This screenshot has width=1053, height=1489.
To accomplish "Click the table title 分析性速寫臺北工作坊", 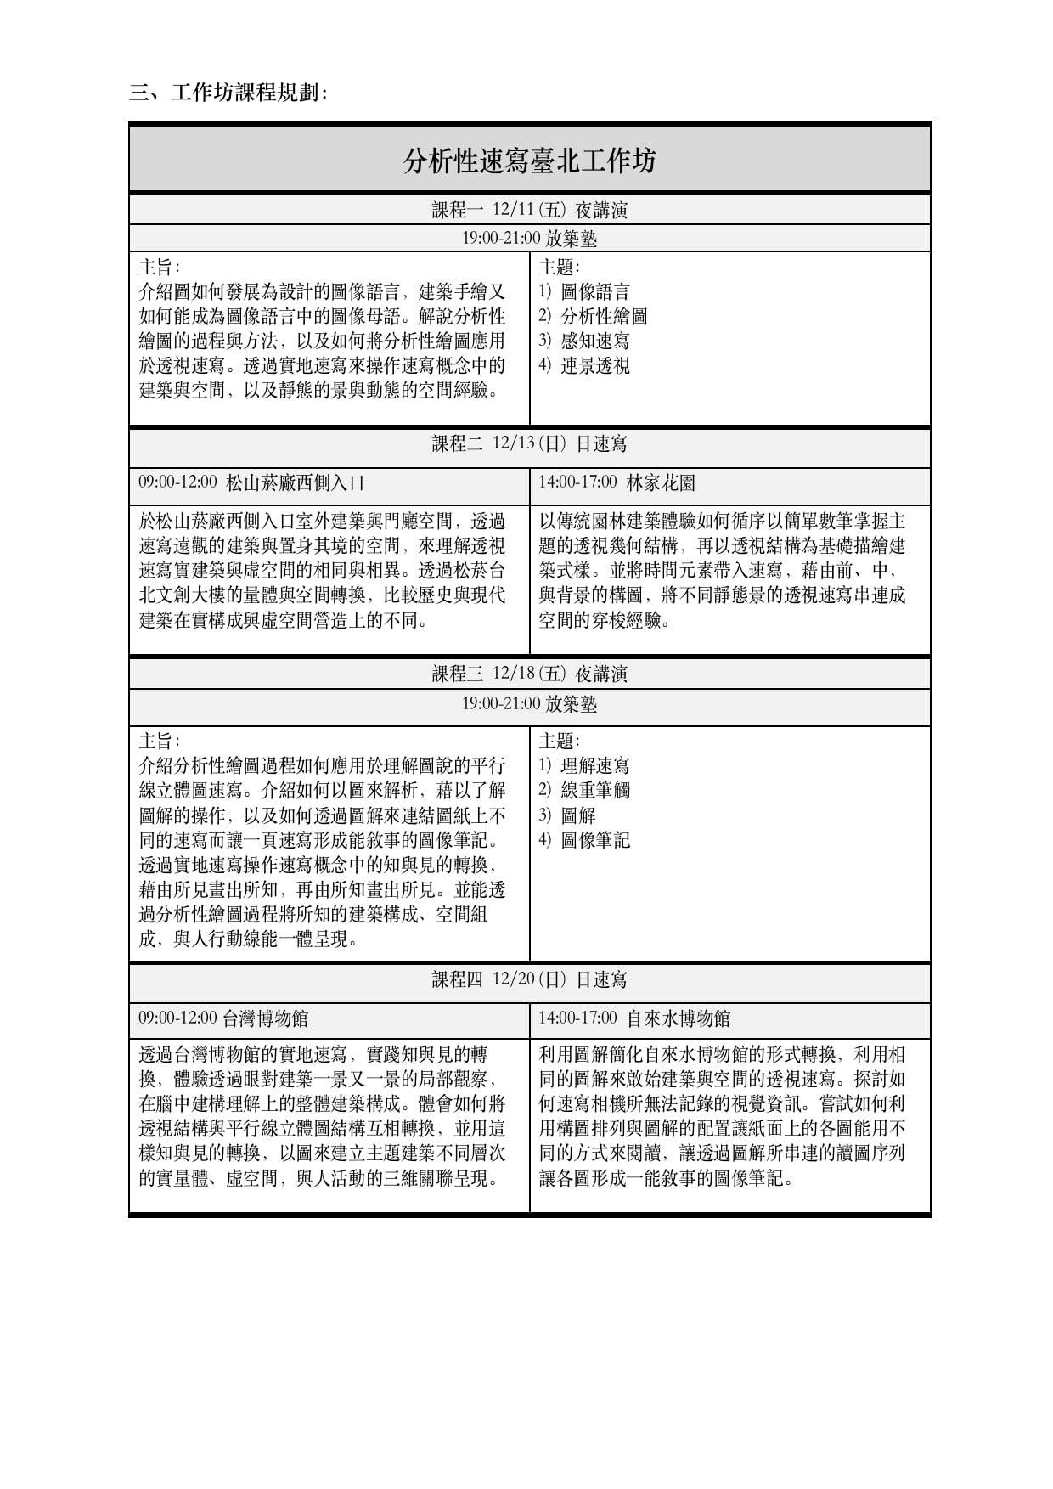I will pyautogui.click(x=529, y=160).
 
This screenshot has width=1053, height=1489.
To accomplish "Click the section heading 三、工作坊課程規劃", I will pyautogui.click(x=228, y=93).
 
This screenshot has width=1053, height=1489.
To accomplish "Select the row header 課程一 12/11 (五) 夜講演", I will pyautogui.click(x=529, y=210).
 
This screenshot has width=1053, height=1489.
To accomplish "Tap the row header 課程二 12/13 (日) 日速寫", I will pyautogui.click(x=529, y=443).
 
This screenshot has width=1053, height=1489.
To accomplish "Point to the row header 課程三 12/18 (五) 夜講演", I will pyautogui.click(x=529, y=674).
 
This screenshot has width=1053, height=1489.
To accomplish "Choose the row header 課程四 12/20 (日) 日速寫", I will pyautogui.click(x=529, y=979).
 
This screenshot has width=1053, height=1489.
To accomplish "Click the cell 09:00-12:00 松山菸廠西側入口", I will pyautogui.click(x=251, y=483).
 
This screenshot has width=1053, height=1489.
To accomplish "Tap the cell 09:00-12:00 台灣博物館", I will pyautogui.click(x=223, y=1018).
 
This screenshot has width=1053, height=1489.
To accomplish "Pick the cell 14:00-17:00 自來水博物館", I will pyautogui.click(x=633, y=1018).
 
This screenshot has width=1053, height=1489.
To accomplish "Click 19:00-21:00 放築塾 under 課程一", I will pyautogui.click(x=529, y=239).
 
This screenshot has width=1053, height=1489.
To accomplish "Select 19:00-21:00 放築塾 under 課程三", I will pyautogui.click(x=529, y=704).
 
